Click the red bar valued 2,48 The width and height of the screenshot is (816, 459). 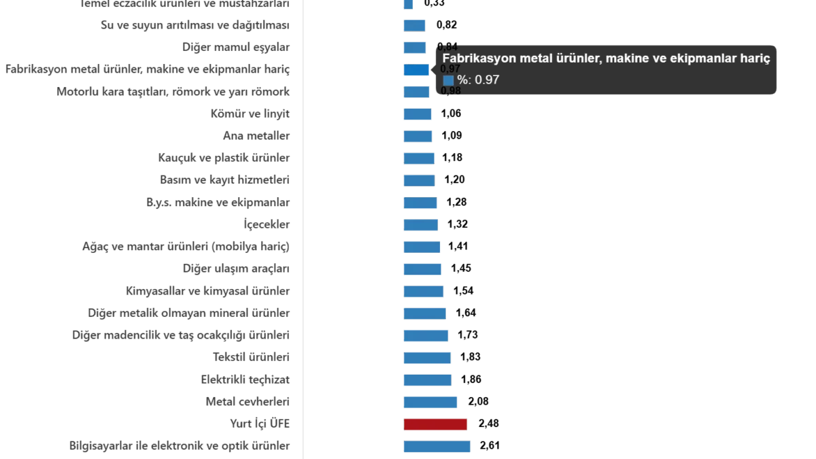435,424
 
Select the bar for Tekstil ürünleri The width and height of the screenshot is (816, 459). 426,356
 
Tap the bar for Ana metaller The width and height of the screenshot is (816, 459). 418,136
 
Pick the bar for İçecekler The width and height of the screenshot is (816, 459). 421,224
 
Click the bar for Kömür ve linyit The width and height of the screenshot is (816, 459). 418,114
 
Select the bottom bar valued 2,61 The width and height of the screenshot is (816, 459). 437,446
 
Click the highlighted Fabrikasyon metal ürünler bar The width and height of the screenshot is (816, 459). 415,69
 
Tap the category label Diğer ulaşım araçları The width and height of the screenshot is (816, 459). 237,269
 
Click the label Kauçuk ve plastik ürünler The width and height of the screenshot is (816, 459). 225,158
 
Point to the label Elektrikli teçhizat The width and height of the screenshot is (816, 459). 248,378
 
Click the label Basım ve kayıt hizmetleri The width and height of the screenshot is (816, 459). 225,180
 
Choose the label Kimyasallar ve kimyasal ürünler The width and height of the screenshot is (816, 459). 209,291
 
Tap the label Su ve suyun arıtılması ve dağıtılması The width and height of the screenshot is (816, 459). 196,26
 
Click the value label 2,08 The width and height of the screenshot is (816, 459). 478,401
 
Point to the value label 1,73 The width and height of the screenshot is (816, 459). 468,335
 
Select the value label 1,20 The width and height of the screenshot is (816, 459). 454,180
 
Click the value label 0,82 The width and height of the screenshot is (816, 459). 446,26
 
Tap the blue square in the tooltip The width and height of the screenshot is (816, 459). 448,80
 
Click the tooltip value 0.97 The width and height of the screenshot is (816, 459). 486,80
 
